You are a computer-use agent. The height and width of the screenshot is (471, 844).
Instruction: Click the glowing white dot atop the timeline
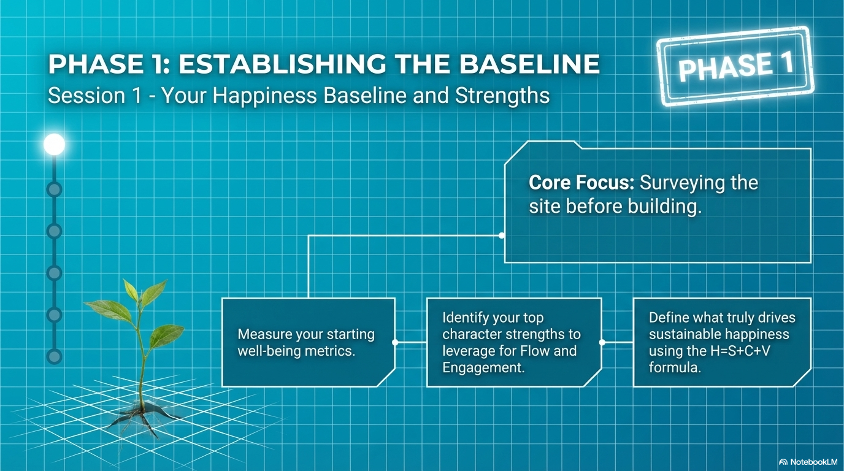coord(54,144)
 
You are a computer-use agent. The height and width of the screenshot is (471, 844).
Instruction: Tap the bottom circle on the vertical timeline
coord(54,356)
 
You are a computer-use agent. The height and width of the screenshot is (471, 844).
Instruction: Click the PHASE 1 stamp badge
coord(735,66)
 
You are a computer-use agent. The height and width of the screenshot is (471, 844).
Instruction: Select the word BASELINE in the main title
coord(529,64)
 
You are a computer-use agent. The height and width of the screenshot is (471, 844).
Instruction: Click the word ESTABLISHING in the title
coord(282,64)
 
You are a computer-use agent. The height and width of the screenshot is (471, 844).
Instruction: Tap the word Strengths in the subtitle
coord(502,96)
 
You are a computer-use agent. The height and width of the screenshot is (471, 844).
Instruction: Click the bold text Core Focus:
coord(581,183)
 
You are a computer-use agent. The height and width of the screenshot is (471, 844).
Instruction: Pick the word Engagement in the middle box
coord(483,367)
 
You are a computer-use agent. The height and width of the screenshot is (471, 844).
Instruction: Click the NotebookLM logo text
coord(811,462)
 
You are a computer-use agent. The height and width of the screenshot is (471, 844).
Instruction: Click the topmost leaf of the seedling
coord(131,289)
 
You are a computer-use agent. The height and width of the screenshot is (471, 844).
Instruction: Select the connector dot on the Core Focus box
coord(502,235)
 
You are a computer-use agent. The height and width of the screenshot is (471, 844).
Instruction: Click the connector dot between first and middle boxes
coord(395,342)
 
